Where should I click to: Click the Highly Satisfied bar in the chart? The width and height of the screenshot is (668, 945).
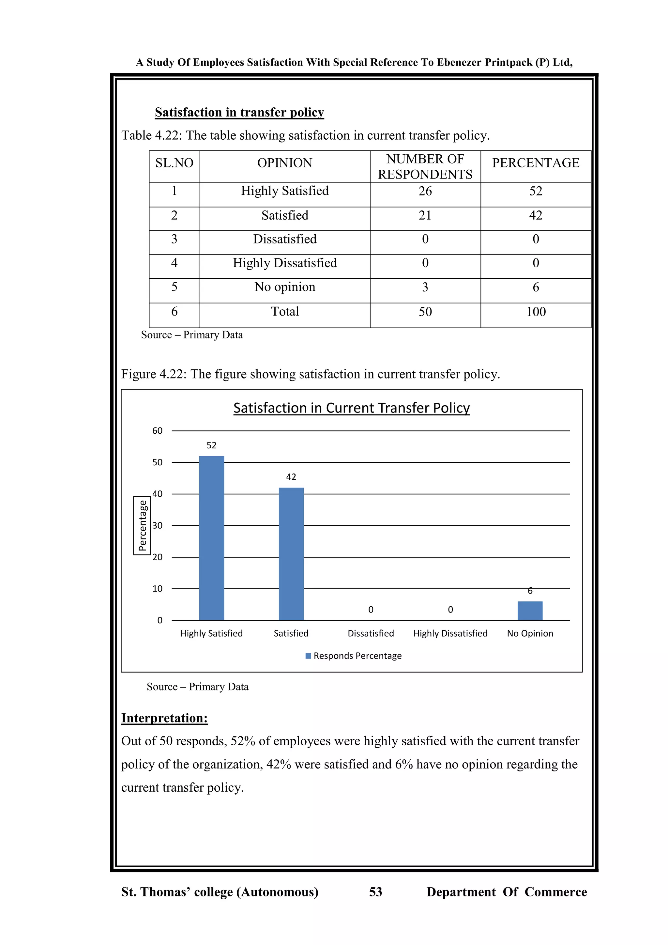point(211,538)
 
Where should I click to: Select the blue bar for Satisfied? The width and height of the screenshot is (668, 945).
point(291,554)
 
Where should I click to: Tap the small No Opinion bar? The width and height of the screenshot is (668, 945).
point(530,611)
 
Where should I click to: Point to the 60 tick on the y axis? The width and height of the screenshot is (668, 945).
point(157,431)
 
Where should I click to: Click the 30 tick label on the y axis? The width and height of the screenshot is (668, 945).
point(157,526)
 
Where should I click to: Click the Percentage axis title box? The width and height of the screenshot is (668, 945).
point(142,526)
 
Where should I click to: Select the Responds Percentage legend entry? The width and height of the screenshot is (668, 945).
point(354,656)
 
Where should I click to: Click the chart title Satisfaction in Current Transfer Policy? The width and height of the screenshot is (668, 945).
point(351,408)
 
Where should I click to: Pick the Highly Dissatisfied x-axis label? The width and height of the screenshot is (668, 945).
point(450,633)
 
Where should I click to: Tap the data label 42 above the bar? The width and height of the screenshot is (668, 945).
point(291,477)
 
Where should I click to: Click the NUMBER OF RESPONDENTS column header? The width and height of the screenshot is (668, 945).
point(425,167)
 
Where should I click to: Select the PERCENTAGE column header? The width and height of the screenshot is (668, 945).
point(536,163)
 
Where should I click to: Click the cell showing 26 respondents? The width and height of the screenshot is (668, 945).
point(425,191)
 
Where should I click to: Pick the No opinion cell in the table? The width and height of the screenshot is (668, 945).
point(285,287)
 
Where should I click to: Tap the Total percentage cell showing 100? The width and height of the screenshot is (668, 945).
point(536,312)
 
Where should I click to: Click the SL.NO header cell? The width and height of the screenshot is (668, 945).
point(175,163)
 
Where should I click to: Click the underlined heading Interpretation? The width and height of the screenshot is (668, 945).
point(164,718)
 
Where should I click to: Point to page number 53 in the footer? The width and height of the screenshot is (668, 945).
point(375,892)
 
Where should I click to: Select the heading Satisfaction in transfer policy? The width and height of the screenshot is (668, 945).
point(239,112)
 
